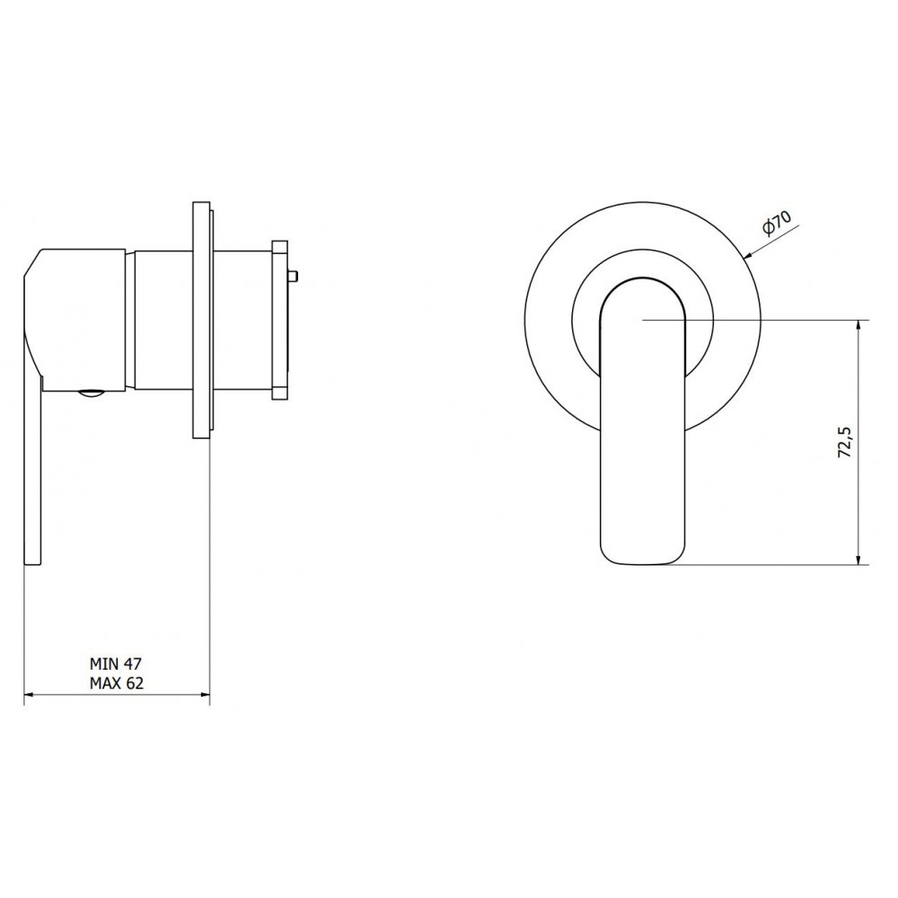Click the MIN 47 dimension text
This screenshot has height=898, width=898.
point(115,664)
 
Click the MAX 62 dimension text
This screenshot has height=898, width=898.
point(116,683)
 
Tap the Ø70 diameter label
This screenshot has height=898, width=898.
point(777,223)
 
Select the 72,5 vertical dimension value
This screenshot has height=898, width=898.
point(845,442)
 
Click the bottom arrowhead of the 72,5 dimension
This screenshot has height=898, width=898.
point(858,559)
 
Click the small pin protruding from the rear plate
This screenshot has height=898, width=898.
point(293,277)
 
